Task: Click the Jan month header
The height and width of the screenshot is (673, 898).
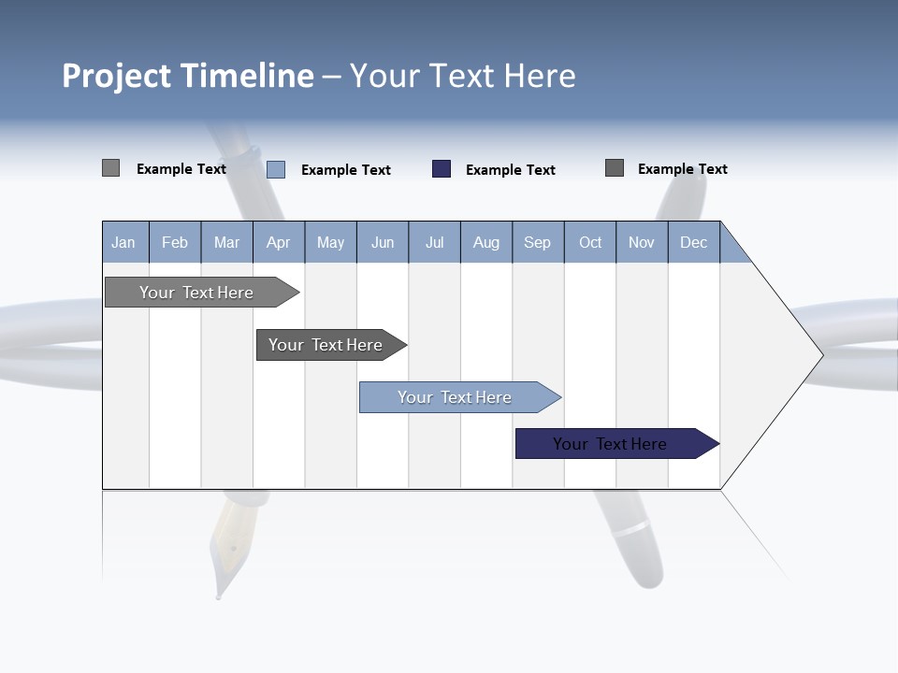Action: (124, 242)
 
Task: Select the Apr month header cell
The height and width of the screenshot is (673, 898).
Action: (279, 242)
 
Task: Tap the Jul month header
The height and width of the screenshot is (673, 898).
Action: (434, 242)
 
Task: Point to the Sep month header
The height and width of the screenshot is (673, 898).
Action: (538, 242)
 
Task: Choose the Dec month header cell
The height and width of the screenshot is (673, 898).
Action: (693, 242)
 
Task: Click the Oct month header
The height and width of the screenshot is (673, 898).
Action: (590, 242)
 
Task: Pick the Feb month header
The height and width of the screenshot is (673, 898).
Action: (175, 242)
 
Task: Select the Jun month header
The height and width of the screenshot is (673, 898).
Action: (383, 242)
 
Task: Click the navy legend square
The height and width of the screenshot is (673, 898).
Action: (442, 169)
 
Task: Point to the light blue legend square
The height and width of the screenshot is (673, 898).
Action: (276, 169)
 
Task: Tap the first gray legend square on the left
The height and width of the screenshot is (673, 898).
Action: (110, 168)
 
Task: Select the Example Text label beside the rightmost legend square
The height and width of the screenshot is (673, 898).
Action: (682, 169)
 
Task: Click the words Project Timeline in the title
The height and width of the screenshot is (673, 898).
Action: (187, 76)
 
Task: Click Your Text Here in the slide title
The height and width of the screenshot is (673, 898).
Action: (462, 76)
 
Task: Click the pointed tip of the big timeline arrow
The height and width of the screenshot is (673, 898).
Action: (820, 354)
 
